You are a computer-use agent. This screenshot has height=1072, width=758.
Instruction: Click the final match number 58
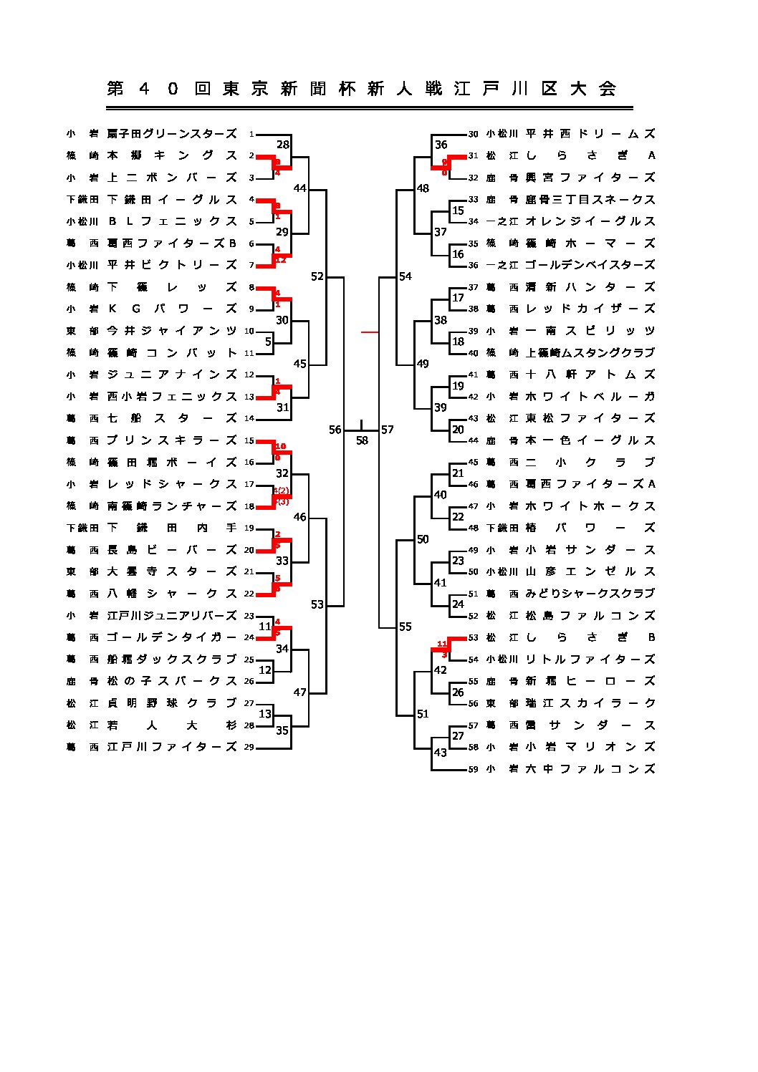(x=362, y=440)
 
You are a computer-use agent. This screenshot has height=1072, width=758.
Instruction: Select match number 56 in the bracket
(x=335, y=430)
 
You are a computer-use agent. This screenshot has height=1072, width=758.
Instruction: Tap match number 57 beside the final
(x=388, y=430)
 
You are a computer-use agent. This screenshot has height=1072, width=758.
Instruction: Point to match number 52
(x=317, y=276)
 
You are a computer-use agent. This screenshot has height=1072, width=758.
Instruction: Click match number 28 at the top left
(x=283, y=145)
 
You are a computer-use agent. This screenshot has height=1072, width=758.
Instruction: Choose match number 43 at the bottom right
(x=440, y=753)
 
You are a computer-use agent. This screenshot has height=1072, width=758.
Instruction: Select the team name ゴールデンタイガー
(x=172, y=637)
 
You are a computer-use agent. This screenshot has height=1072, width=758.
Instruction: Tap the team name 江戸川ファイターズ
(x=172, y=747)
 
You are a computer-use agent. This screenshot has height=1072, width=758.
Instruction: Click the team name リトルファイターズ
(x=590, y=659)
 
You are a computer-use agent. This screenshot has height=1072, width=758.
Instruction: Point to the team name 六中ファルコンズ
(x=590, y=769)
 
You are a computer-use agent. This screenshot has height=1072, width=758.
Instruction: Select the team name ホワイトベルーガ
(x=590, y=396)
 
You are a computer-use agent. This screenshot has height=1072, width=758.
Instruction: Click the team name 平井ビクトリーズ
(x=172, y=265)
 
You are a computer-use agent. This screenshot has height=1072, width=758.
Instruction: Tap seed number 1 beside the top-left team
(x=251, y=134)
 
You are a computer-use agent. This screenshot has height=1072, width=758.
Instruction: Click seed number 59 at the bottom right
(x=473, y=770)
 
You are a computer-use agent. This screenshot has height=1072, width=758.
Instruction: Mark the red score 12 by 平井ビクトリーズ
(x=280, y=260)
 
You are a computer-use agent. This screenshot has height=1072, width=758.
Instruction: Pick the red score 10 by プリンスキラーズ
(x=280, y=447)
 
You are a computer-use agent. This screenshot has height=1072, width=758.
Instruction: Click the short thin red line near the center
(x=370, y=332)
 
